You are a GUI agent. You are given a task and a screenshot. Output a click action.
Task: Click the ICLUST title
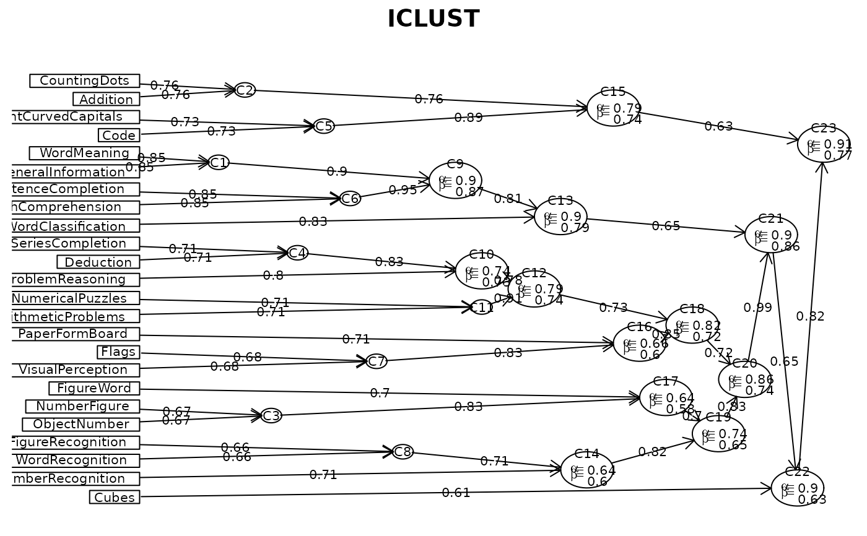[433, 19]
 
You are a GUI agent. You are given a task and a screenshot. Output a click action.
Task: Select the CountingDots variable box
[84, 81]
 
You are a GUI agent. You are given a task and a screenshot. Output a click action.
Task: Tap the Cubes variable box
[115, 497]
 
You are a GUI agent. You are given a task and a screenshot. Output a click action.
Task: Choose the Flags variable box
[118, 352]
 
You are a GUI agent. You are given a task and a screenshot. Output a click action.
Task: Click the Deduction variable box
[98, 262]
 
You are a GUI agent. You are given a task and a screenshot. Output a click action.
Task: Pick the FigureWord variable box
[94, 388]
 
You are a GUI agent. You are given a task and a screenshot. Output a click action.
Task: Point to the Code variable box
[118, 135]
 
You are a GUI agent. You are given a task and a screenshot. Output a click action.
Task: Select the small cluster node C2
[245, 90]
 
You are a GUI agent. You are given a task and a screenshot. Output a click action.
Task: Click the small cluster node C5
[324, 126]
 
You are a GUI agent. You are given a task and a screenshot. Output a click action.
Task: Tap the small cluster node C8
[403, 452]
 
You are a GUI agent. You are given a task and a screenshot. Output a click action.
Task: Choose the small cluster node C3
[271, 416]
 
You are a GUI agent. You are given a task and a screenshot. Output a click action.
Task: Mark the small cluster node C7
[377, 361]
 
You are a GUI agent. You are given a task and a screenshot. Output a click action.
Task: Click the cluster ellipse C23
[823, 144]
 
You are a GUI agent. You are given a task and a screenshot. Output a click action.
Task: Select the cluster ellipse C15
[613, 108]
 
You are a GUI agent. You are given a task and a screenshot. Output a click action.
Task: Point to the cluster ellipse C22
[797, 488]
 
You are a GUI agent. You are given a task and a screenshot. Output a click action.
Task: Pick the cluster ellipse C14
[586, 470]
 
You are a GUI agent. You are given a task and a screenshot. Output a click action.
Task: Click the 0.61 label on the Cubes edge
[456, 493]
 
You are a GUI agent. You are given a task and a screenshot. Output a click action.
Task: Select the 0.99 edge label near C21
[757, 308]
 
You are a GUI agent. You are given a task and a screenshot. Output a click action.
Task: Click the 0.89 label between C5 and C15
[468, 118]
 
